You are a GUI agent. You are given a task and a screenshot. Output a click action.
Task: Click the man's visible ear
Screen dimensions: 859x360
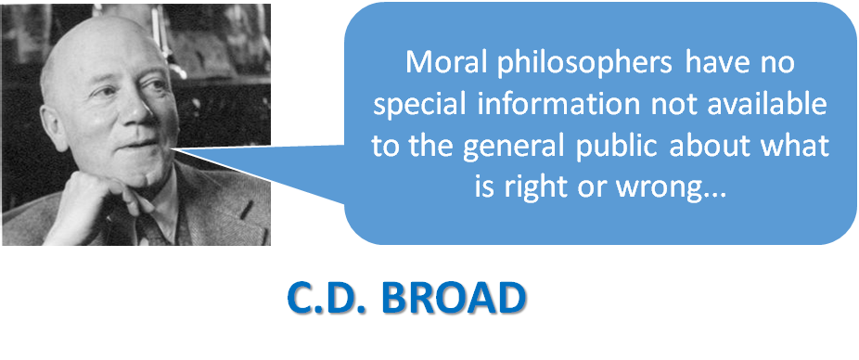coord(54,127)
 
